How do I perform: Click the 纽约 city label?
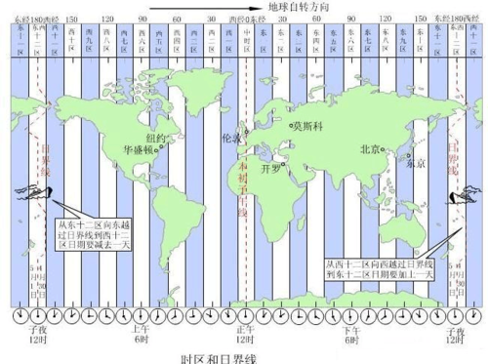[x=155, y=138]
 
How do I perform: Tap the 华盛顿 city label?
[x=142, y=150]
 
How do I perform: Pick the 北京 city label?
[x=371, y=149]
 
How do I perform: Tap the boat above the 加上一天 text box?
[x=455, y=195]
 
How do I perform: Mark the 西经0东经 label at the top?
[x=244, y=18]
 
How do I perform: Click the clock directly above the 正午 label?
[x=244, y=318]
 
